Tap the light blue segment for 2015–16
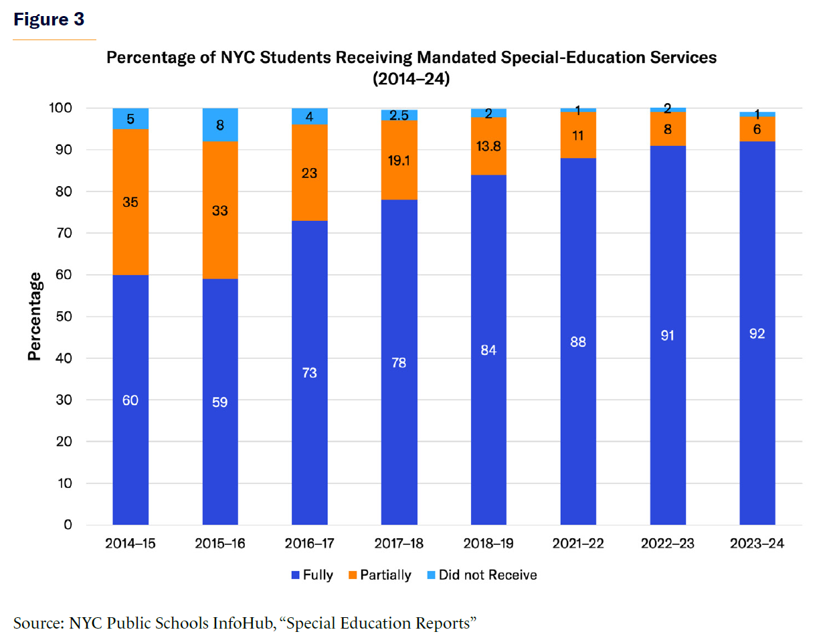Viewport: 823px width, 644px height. tap(220, 125)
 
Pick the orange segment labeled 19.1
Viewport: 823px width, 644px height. tap(399, 159)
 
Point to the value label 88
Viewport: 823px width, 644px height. tap(578, 341)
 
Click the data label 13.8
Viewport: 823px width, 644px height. tap(488, 147)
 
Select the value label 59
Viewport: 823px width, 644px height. tap(220, 402)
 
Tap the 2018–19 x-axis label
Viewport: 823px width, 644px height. tap(488, 544)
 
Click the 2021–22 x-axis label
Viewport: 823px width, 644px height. tap(578, 544)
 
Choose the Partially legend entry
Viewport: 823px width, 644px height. tap(379, 575)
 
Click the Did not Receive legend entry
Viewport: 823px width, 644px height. tap(482, 575)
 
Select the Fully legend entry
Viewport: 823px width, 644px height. tap(312, 575)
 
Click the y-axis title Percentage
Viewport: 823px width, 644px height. tap(35, 316)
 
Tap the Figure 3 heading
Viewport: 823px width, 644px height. tap(49, 19)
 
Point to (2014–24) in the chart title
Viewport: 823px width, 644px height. tap(411, 79)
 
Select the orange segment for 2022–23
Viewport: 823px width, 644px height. tap(668, 129)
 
